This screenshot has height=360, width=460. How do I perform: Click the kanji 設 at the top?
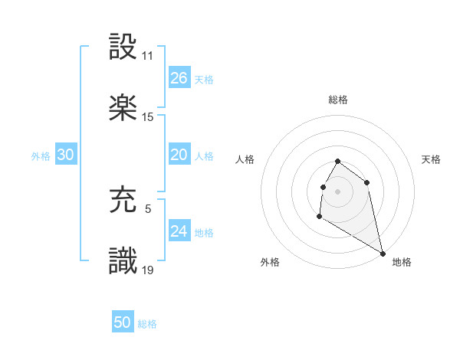tap(123, 47)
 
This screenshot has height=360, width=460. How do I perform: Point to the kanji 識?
tap(123, 261)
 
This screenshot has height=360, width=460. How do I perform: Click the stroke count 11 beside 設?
tap(148, 56)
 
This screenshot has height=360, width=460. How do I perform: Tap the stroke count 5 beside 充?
tap(148, 208)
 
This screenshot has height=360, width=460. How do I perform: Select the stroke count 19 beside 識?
tap(148, 270)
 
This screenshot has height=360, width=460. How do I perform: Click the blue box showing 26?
tap(179, 78)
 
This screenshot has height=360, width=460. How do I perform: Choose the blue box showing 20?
tap(179, 155)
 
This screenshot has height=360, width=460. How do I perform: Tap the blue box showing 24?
tap(179, 231)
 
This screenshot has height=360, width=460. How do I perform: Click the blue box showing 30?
tap(66, 155)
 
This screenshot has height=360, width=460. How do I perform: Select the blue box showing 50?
tap(123, 322)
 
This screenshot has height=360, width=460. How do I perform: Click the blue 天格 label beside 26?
tap(204, 80)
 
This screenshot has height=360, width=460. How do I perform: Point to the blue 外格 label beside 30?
tap(41, 156)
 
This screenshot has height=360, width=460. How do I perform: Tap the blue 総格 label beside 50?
tap(147, 324)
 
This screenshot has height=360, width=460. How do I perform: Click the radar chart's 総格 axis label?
tap(338, 100)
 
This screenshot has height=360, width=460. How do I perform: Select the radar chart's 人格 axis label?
tap(245, 159)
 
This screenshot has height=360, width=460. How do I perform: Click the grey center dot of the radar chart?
tap(337, 191)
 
